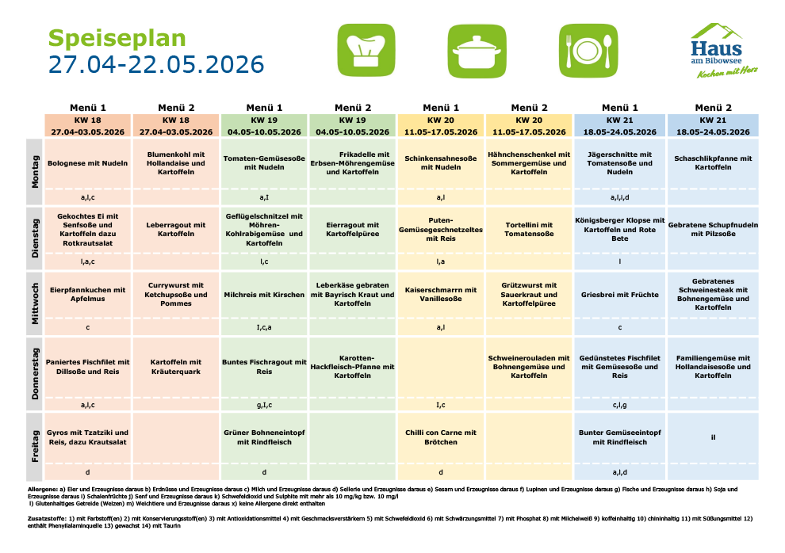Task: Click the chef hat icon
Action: pos(366,50)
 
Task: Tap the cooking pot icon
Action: pos(477,50)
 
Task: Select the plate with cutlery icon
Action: pos(588,50)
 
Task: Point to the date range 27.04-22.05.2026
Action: pos(156,64)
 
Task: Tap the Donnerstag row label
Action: pos(35,374)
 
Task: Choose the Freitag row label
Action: pos(35,447)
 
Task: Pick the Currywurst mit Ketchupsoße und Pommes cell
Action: pos(176,294)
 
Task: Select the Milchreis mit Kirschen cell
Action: pos(264,294)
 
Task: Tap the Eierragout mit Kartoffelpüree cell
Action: pos(353,229)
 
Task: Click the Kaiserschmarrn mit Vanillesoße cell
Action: pos(441,294)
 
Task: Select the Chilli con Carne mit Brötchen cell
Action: pos(441,437)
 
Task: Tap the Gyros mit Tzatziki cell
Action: pos(88,437)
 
